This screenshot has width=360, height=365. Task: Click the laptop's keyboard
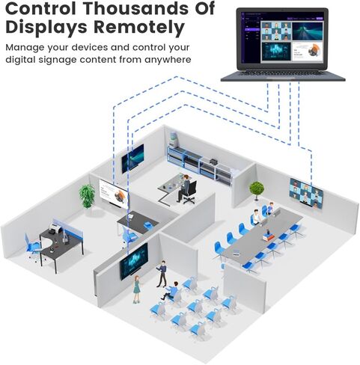[x=283, y=73]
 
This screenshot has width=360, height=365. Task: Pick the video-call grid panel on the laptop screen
[x=276, y=31]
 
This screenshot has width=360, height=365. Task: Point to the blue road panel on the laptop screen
[x=308, y=31]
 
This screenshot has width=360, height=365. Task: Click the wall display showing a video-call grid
[x=306, y=193]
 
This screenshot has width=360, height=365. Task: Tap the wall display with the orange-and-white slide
[x=114, y=194]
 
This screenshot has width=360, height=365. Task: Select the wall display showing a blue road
[x=132, y=159]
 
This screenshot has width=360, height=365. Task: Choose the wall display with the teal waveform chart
[x=134, y=262]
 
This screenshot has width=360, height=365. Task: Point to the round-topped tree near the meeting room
[x=257, y=191]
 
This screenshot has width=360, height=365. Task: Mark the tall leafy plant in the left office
[x=87, y=197]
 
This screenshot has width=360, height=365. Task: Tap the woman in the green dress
[x=137, y=289]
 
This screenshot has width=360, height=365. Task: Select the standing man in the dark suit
[x=162, y=274]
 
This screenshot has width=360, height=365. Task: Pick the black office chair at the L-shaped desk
[x=191, y=192]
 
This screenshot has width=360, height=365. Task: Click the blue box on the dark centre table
[x=147, y=224]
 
